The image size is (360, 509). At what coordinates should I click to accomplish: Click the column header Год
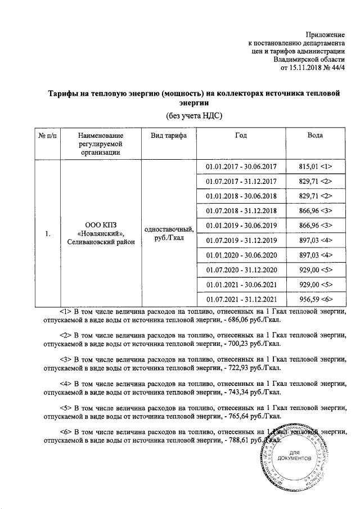click(x=241, y=136)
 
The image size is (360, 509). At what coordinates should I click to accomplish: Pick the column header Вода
click(x=315, y=136)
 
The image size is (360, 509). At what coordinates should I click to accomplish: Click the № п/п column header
click(x=47, y=136)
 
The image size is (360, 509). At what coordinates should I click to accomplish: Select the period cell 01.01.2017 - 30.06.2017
click(x=241, y=166)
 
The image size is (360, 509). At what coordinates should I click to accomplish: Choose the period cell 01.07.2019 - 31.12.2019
click(x=241, y=240)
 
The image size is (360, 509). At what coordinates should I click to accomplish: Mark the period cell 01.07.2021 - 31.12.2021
click(x=241, y=298)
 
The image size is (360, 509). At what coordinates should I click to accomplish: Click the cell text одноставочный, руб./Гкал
click(x=169, y=233)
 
